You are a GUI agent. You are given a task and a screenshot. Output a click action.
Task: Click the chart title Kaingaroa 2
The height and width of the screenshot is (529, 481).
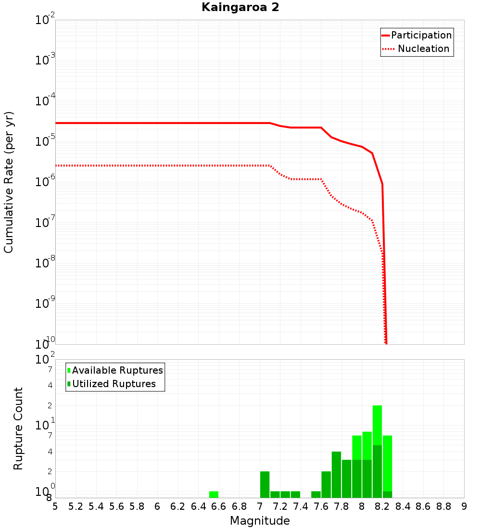pos(240,8)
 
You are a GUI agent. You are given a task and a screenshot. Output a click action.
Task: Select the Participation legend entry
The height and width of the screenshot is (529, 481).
pos(421,35)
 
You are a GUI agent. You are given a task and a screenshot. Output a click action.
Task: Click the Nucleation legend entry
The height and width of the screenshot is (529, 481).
pos(423,49)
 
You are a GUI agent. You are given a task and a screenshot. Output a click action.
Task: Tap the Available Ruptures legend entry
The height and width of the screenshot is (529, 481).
pos(117,370)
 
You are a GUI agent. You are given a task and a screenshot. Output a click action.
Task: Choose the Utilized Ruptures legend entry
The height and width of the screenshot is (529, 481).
pos(114,384)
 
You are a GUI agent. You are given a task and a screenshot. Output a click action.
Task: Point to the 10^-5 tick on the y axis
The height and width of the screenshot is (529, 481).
pos(45,141)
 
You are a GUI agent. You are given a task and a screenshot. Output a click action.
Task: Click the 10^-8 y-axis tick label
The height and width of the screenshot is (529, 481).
pos(45,263)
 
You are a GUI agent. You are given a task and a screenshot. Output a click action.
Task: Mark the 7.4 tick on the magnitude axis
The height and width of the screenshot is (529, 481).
pos(301,506)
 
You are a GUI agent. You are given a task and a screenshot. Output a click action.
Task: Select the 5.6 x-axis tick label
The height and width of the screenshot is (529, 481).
pos(116,506)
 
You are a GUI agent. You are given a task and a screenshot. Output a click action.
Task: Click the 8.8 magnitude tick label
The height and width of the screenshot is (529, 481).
pos(443,506)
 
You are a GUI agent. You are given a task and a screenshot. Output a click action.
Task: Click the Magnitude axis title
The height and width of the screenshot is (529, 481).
pos(260,521)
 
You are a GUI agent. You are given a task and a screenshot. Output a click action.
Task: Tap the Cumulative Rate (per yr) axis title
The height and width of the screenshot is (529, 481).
pos(9,182)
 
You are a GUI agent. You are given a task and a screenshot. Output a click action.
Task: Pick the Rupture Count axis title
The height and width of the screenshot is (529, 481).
pos(18,428)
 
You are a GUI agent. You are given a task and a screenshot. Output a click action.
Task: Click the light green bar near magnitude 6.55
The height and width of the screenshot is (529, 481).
pos(214,494)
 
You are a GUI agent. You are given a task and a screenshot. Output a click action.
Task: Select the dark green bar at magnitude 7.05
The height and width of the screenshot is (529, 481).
pos(265,484)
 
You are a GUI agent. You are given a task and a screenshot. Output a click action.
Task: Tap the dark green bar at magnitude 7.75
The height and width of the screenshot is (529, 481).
pos(336,475)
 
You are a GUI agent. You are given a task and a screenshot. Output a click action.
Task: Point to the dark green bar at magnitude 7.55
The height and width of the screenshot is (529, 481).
pos(316,494)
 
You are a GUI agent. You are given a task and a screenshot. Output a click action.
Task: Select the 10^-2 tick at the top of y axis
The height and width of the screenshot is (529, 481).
pos(45,21)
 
